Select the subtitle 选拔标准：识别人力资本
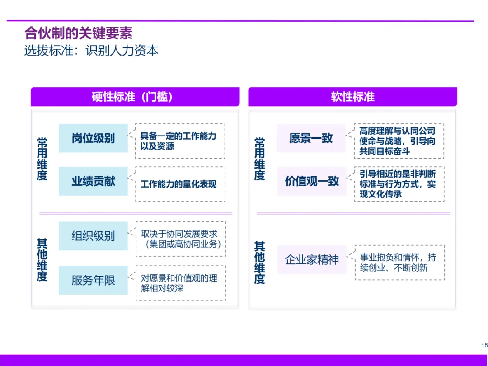(91, 50)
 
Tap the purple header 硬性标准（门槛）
(135, 97)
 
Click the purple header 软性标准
(352, 97)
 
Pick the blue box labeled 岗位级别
(93, 138)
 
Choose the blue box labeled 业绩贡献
(93, 181)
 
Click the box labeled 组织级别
(93, 236)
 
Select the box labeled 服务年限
(93, 280)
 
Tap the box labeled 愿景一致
(311, 138)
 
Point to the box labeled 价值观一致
(311, 181)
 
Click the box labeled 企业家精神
(312, 260)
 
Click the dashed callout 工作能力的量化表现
(180, 184)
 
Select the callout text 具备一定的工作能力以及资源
(180, 141)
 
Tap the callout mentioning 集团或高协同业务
(180, 239)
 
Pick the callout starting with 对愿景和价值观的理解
(180, 283)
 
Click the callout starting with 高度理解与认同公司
(399, 141)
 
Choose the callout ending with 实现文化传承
(399, 184)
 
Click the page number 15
(484, 345)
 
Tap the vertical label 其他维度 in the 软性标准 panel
(259, 263)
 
